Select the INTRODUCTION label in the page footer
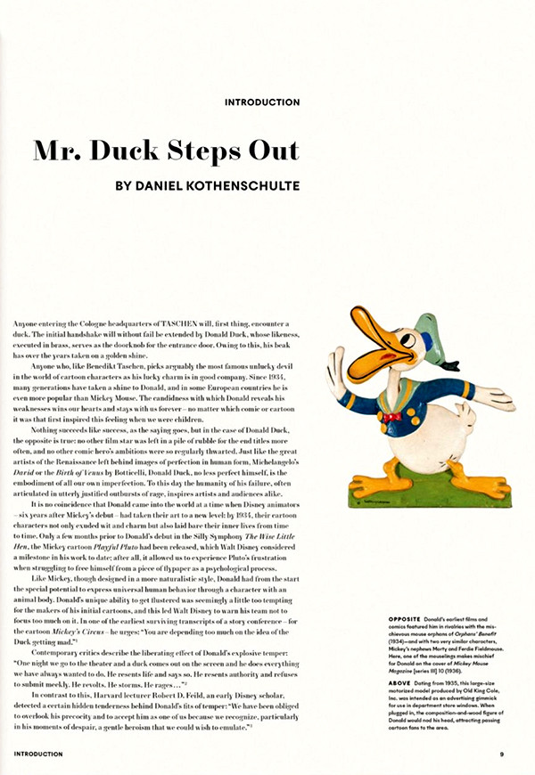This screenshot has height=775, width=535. click(38, 754)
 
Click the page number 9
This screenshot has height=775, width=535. click(503, 754)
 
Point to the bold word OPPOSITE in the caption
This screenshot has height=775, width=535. click(407, 642)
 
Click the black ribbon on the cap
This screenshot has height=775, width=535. click(454, 361)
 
